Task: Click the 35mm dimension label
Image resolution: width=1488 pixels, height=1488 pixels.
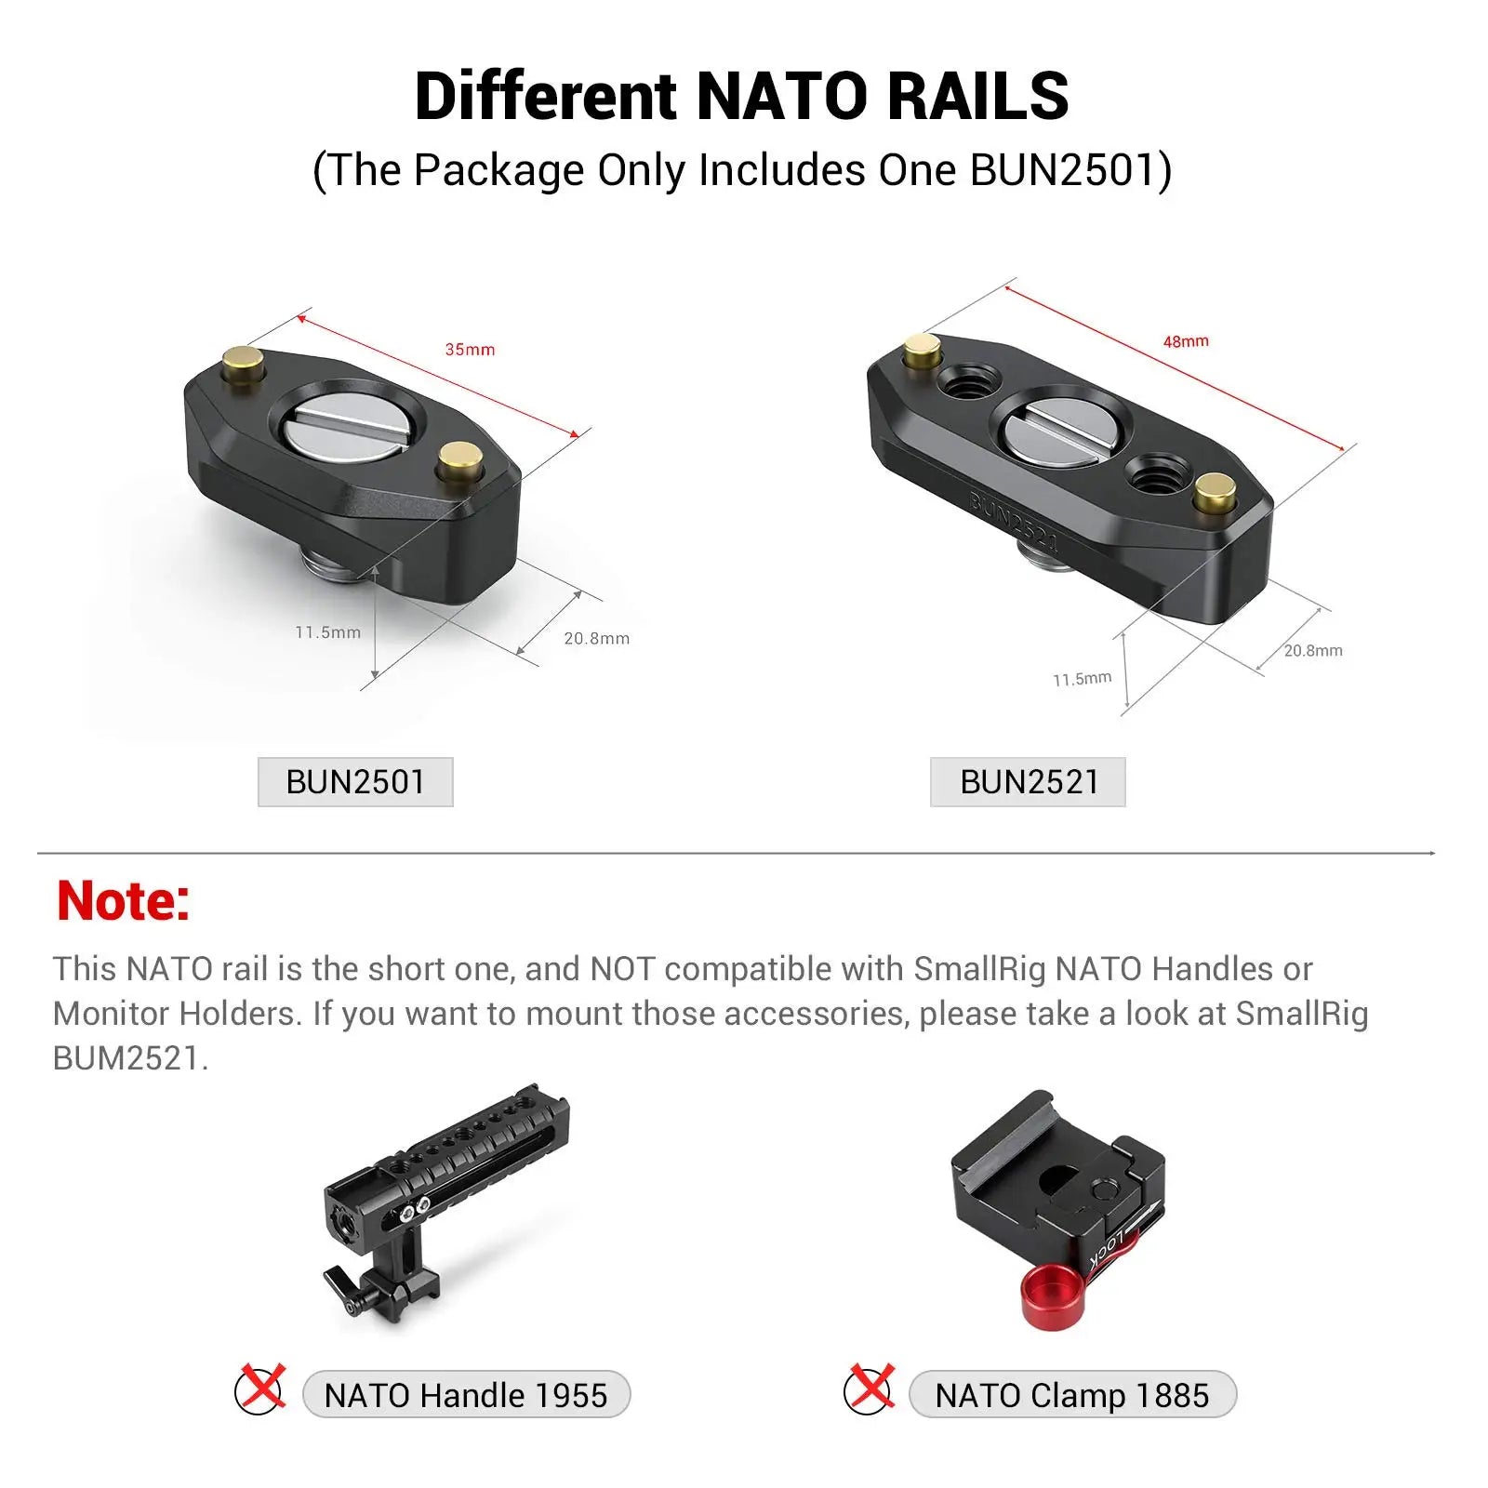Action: pos(470,350)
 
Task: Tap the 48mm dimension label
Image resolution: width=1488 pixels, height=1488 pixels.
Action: pos(1186,341)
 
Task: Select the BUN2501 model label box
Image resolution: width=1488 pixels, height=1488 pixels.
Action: pos(355,782)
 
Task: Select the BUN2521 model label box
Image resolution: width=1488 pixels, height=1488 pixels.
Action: pos(1028,782)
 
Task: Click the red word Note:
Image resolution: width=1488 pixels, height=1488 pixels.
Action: pos(123,901)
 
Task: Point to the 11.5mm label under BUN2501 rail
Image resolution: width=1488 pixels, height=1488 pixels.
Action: pos(327,632)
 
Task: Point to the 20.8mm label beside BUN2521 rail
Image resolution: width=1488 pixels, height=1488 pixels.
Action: pos(1313,650)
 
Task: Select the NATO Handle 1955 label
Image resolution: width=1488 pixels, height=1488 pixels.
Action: pos(466,1395)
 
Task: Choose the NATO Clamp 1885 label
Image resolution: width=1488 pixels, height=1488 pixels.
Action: pos(1072,1395)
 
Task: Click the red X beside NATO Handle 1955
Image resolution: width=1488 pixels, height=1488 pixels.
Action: pos(261,1388)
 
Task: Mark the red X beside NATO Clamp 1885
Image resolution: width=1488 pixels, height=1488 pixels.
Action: pos(870,1388)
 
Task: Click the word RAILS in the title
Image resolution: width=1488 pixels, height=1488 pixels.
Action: pos(977,97)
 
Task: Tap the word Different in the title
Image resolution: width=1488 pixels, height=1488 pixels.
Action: pos(546,97)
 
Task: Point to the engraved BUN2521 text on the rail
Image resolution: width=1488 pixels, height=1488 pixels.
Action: pos(1014,522)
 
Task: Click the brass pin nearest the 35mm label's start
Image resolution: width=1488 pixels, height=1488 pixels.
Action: pos(244,360)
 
